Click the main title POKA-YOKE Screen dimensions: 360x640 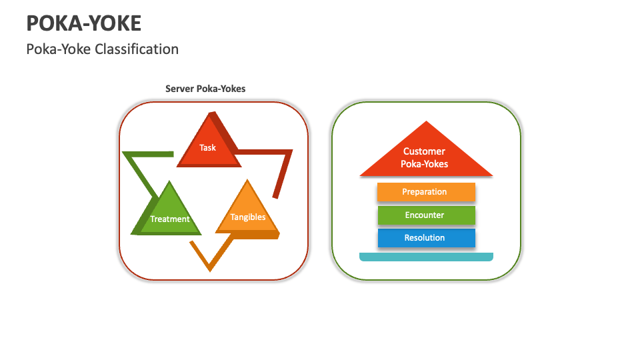click(x=83, y=23)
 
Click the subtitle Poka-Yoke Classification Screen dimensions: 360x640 click(x=102, y=49)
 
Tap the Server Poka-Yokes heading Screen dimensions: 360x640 click(x=205, y=89)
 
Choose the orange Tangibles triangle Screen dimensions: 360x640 click(x=247, y=212)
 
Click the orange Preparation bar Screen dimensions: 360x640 click(x=425, y=192)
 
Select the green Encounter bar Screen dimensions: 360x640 click(x=425, y=215)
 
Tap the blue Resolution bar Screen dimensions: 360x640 click(x=425, y=238)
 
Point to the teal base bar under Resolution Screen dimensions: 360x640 click(x=425, y=257)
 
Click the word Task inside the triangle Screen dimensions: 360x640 click(x=207, y=147)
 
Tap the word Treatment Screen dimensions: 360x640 click(x=169, y=219)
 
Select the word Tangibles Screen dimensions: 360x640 click(x=247, y=217)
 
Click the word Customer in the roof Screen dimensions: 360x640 click(x=424, y=151)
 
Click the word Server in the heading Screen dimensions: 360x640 click(x=179, y=89)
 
